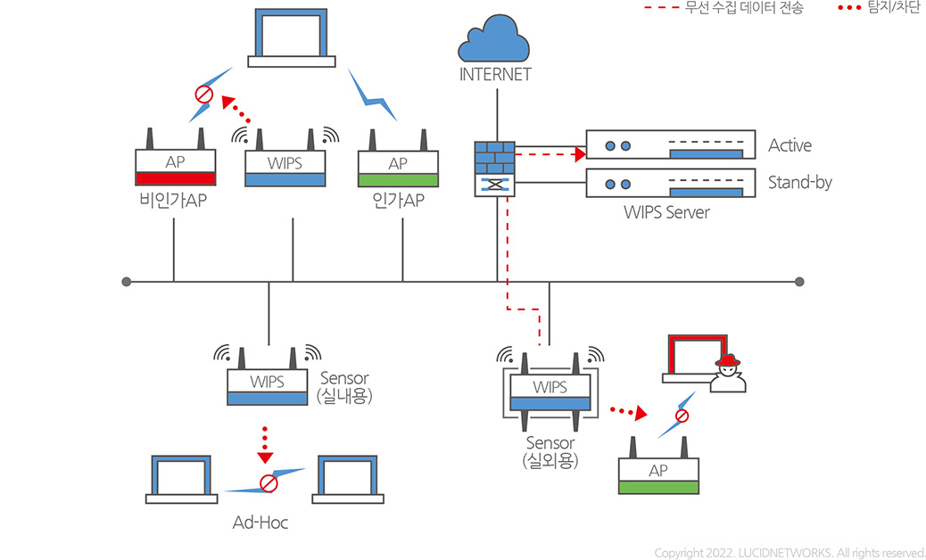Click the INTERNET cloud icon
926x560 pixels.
point(494,41)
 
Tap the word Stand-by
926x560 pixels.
point(799,183)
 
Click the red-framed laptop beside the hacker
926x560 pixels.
point(699,358)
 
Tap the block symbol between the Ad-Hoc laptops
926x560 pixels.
point(268,483)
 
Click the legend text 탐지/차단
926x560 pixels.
point(893,9)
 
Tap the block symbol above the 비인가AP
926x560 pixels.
point(203,93)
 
